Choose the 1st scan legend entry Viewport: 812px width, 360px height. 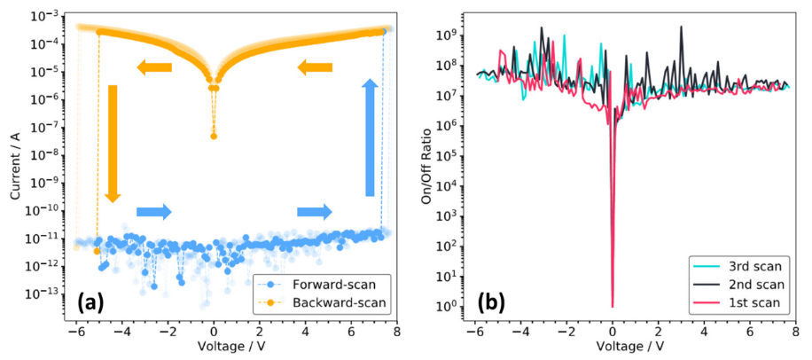(758, 304)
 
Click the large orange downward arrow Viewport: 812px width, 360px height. (113, 143)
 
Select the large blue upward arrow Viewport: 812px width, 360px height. (371, 137)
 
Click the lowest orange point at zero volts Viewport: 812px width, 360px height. (214, 136)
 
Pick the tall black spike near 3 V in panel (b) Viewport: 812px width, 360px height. (681, 27)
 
